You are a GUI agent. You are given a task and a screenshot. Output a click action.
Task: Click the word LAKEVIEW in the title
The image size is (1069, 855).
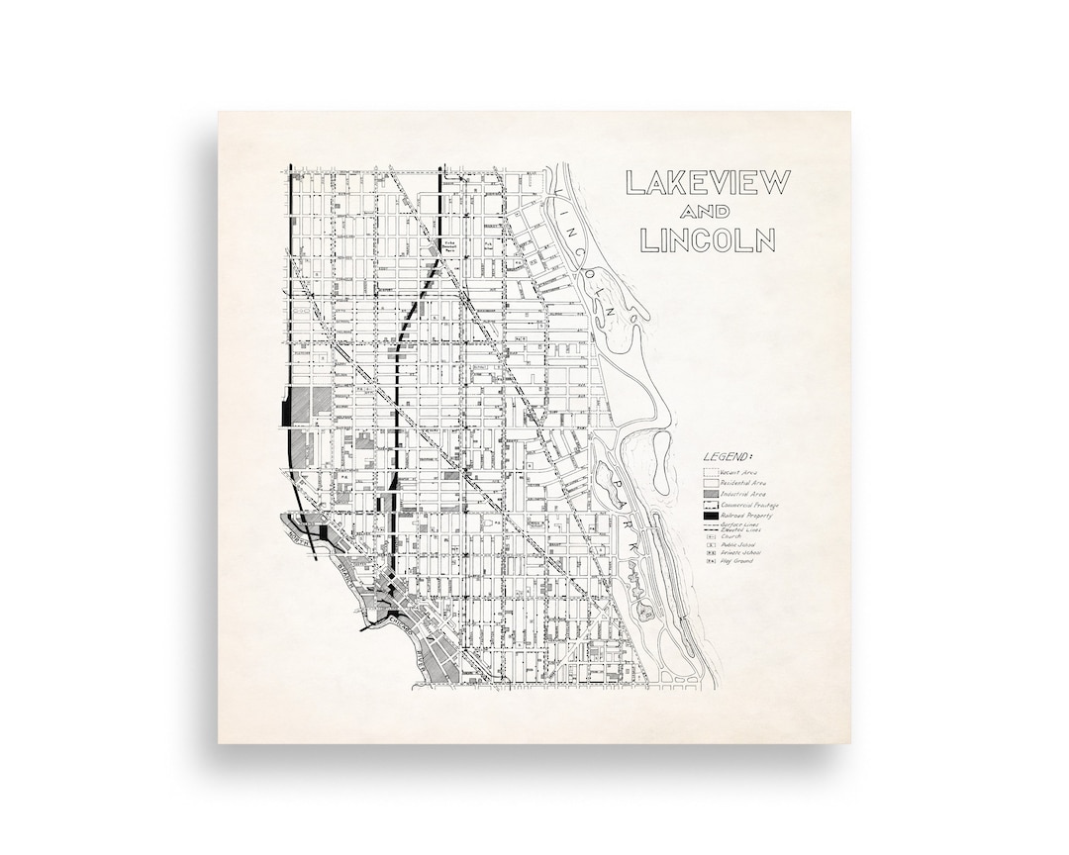706,183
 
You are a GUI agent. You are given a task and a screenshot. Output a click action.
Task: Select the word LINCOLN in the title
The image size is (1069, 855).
707,240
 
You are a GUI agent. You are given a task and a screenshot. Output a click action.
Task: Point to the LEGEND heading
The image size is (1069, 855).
728,457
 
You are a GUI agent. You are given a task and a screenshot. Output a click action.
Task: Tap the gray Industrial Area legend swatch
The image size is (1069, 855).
711,494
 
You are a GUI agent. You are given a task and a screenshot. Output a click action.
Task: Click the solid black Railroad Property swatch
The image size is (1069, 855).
711,516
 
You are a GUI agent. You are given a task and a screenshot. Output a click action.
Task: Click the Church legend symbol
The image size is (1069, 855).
710,537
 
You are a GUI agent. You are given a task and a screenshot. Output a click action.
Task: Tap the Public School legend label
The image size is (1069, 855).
739,545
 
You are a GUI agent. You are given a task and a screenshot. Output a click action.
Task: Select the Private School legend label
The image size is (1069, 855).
740,553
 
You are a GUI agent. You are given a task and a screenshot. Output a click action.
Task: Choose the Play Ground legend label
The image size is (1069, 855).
737,561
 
